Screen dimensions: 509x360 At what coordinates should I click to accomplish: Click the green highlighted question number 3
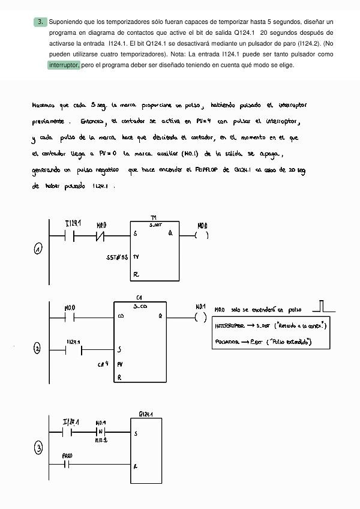[x=40, y=22]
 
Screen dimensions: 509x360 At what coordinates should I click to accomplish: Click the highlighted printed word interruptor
[x=64, y=65]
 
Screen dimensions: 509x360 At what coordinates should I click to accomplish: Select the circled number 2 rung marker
[x=37, y=349]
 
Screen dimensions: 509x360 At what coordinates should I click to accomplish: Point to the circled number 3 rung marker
[x=38, y=448]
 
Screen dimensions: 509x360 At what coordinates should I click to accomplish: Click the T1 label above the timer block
[x=154, y=218]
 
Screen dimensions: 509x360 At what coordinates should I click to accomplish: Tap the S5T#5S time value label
[x=117, y=257]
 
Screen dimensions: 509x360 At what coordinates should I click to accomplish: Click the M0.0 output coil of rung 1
[x=202, y=235]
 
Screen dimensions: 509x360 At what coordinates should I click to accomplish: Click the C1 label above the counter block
[x=139, y=298]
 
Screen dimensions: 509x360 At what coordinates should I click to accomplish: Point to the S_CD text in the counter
[x=140, y=306]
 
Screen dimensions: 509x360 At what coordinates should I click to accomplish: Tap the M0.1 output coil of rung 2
[x=200, y=317]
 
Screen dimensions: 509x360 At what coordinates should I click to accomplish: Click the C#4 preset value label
[x=103, y=364]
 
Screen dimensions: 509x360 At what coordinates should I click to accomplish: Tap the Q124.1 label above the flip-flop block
[x=145, y=414]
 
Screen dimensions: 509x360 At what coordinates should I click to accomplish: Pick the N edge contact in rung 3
[x=101, y=432]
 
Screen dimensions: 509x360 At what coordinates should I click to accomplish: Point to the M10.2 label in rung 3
[x=101, y=440]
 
